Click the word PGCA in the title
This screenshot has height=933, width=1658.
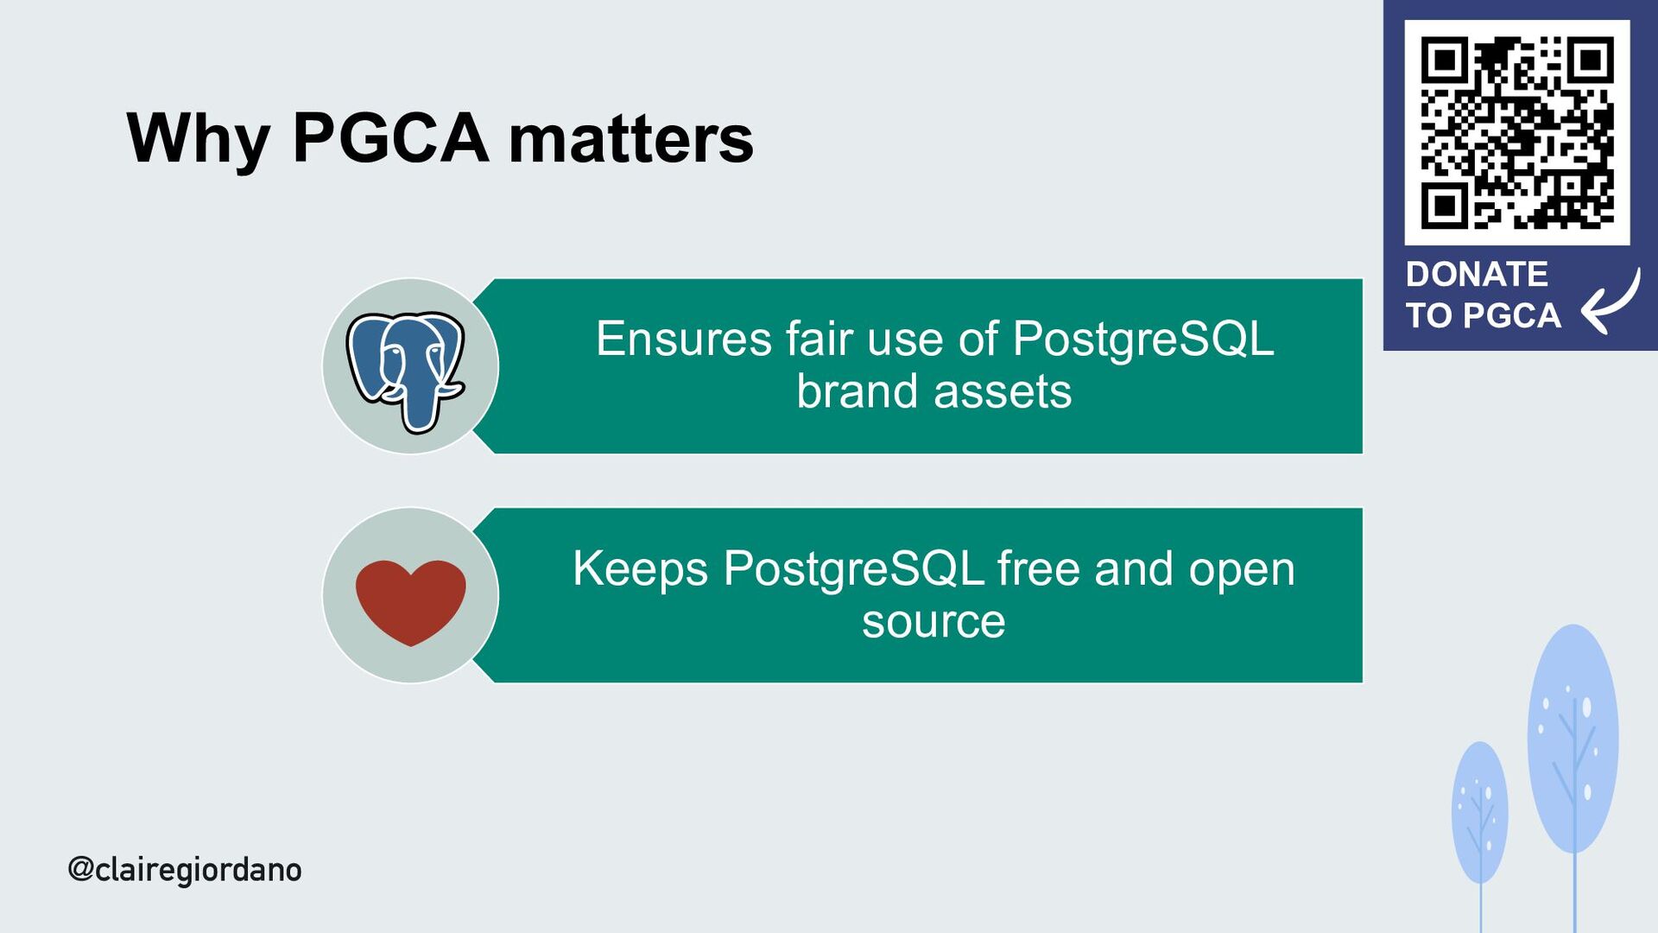[390, 138]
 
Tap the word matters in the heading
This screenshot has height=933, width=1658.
[630, 140]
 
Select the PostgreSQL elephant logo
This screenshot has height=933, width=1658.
[407, 369]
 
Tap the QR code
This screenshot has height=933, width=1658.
[1517, 132]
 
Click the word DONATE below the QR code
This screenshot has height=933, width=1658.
[1477, 275]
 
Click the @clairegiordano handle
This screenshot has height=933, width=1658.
[185, 869]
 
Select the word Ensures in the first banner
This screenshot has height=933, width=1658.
[683, 339]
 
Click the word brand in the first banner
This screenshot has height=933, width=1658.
[856, 392]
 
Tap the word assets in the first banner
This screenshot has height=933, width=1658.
[1003, 392]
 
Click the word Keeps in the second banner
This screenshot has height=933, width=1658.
[640, 569]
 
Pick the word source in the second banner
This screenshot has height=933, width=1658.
[933, 622]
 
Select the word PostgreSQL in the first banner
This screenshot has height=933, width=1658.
[1142, 339]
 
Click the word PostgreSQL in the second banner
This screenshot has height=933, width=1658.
[853, 569]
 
